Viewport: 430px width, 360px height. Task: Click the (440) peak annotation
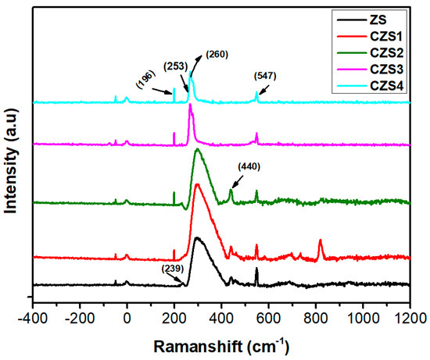coord(249,166)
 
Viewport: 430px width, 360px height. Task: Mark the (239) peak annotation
coord(173,269)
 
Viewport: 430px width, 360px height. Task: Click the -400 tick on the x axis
coord(32,318)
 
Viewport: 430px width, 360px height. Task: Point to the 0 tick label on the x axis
coord(127,318)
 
